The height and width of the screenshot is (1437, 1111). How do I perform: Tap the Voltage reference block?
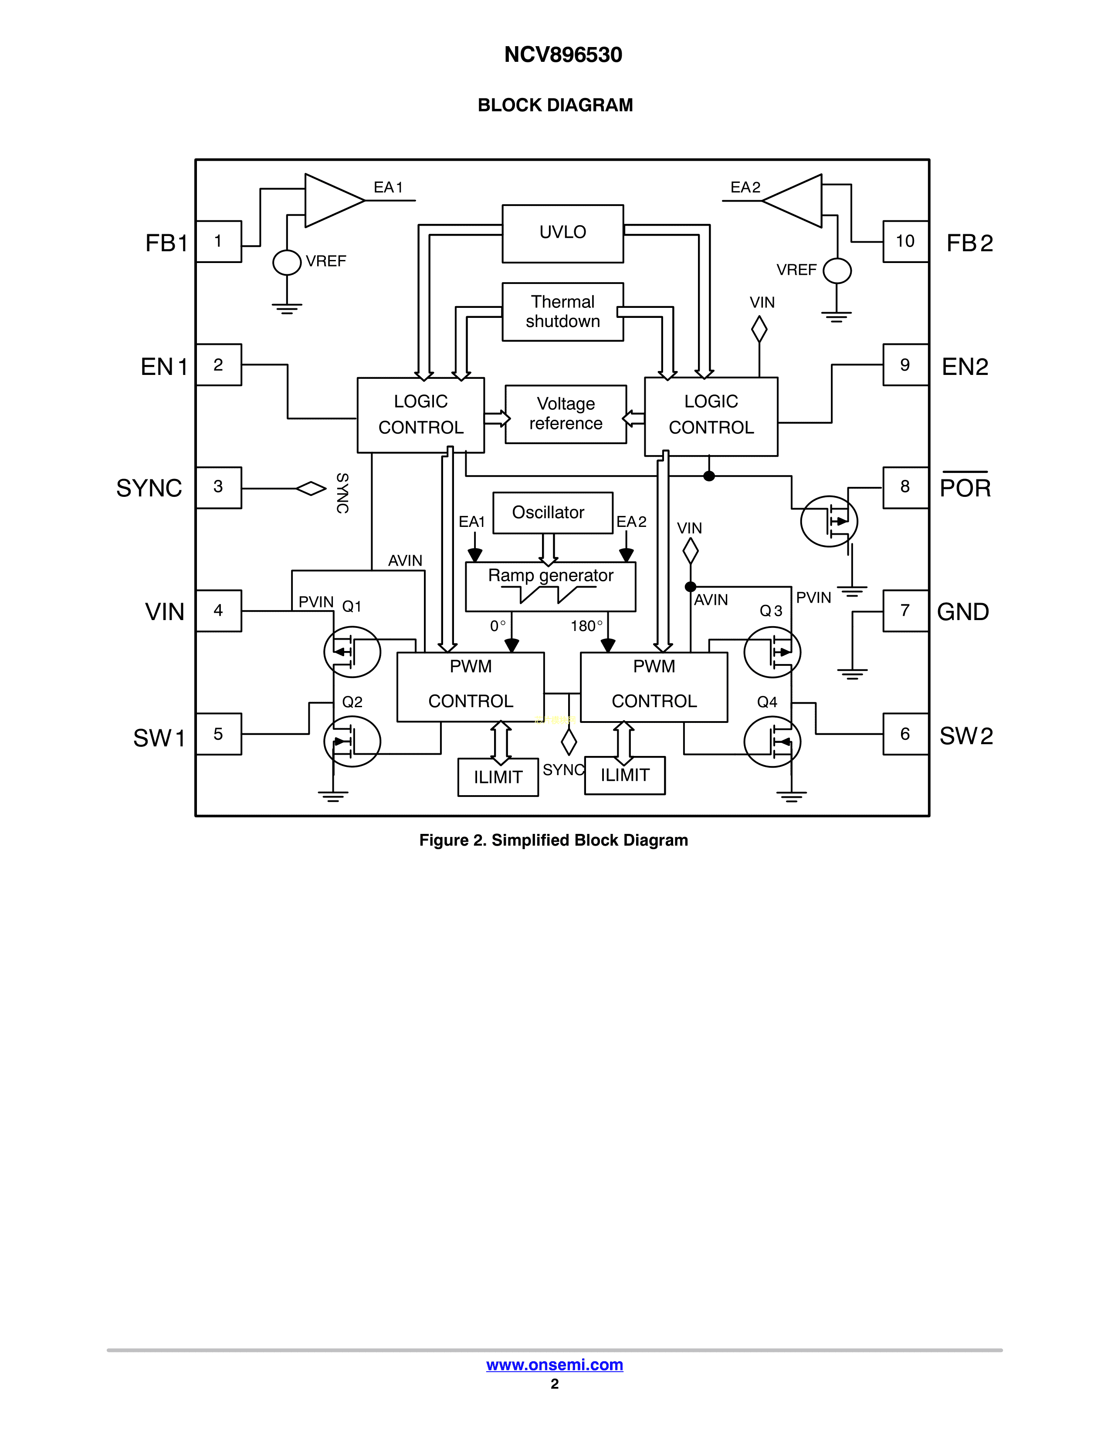[x=566, y=414]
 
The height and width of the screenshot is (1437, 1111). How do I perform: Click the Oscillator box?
[x=552, y=513]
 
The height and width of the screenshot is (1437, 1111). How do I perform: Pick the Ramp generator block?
[x=550, y=586]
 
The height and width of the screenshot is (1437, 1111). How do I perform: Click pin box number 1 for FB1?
[x=219, y=242]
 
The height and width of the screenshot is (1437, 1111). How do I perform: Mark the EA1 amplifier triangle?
[x=333, y=201]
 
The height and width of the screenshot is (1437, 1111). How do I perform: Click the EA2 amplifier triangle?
[x=794, y=201]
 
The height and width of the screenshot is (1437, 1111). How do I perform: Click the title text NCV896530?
[x=563, y=54]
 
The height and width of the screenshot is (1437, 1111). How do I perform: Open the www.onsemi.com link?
[x=554, y=1365]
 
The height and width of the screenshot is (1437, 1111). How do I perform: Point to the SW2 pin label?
[x=965, y=735]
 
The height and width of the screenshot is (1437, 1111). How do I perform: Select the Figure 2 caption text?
[x=553, y=840]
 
